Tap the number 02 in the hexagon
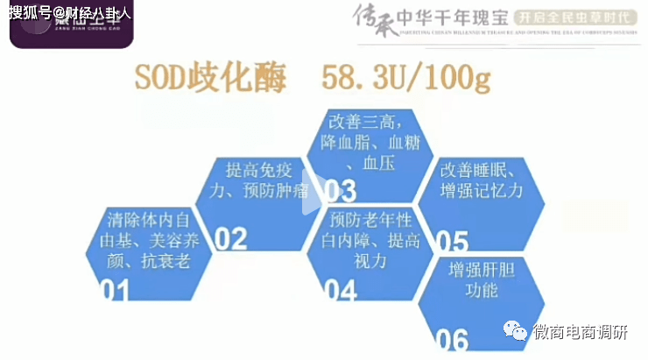tap(231, 238)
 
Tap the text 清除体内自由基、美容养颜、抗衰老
tap(145, 239)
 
